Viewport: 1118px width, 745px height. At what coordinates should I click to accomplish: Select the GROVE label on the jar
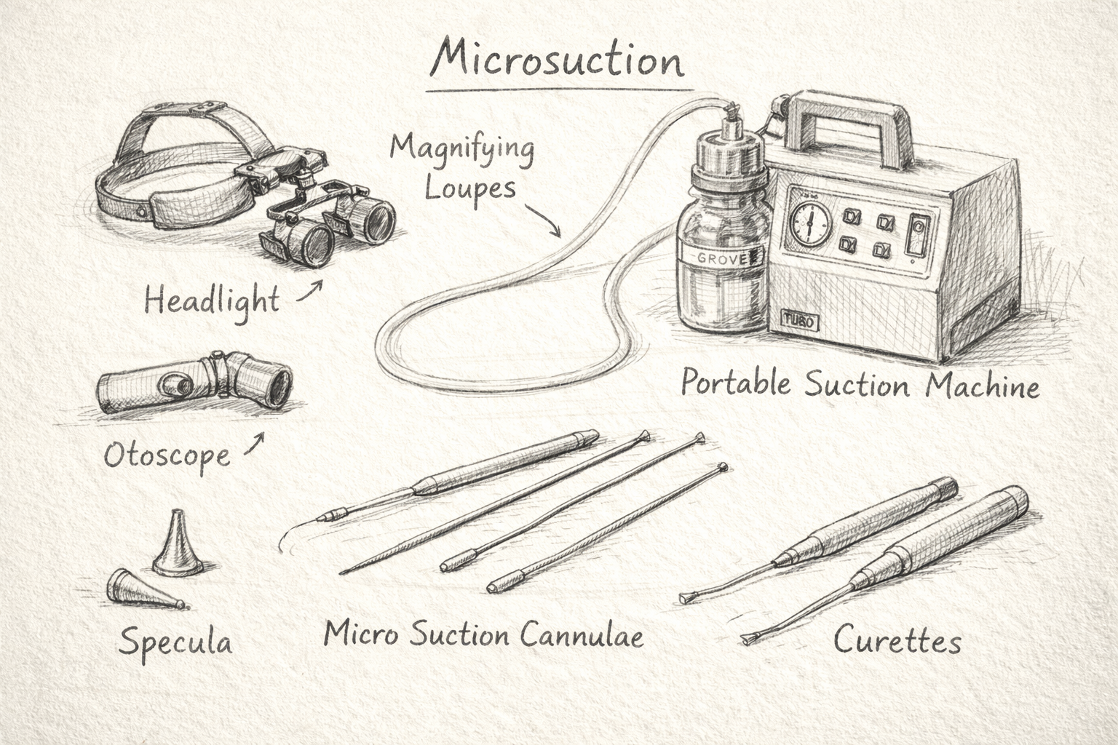(717, 258)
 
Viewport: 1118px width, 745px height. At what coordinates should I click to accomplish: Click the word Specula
(176, 642)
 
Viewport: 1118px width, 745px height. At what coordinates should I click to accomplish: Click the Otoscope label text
(167, 456)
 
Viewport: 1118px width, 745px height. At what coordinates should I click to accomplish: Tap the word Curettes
(897, 641)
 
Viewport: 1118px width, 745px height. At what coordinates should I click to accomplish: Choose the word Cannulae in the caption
(582, 635)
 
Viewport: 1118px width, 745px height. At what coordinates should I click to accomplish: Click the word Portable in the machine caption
(736, 383)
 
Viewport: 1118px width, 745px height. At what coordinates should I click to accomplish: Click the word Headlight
(211, 300)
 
